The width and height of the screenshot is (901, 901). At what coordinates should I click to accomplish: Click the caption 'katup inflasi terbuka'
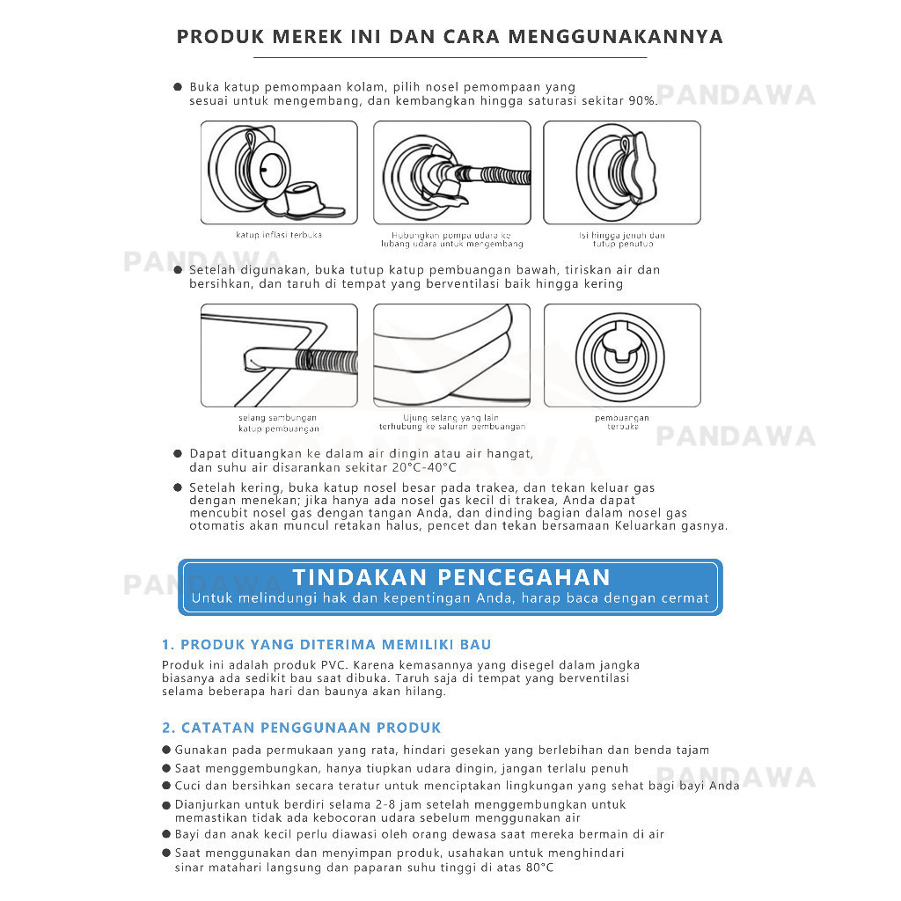click(x=278, y=235)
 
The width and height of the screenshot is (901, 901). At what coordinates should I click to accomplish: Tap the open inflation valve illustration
click(x=279, y=172)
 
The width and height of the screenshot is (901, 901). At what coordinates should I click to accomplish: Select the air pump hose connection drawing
click(x=451, y=172)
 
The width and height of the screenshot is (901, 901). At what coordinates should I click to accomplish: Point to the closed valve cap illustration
click(x=622, y=172)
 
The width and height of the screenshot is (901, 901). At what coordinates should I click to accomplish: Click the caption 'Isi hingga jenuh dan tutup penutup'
click(x=621, y=239)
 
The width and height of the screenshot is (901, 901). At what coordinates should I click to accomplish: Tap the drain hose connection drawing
click(x=279, y=355)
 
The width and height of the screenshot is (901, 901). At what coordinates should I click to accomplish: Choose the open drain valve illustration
click(x=622, y=355)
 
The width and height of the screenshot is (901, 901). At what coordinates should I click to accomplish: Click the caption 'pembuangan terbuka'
click(x=621, y=422)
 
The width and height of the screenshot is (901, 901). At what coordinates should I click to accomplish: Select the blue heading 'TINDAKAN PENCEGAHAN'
click(x=450, y=577)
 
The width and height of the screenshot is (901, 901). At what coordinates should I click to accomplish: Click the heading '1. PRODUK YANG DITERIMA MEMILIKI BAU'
click(x=326, y=645)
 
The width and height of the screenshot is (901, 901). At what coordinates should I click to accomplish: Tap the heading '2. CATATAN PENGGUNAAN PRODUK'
click(x=302, y=728)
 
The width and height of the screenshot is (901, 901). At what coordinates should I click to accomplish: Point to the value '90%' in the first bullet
click(x=642, y=101)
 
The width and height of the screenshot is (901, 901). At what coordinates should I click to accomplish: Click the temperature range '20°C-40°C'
click(x=426, y=466)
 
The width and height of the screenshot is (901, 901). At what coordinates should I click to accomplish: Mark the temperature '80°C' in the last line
click(x=538, y=868)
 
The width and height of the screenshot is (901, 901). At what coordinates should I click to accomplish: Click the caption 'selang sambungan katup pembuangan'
click(x=278, y=423)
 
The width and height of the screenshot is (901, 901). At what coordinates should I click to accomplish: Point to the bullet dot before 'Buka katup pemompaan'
click(x=178, y=87)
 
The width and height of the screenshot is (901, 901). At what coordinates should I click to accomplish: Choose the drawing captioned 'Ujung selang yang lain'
click(x=451, y=355)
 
